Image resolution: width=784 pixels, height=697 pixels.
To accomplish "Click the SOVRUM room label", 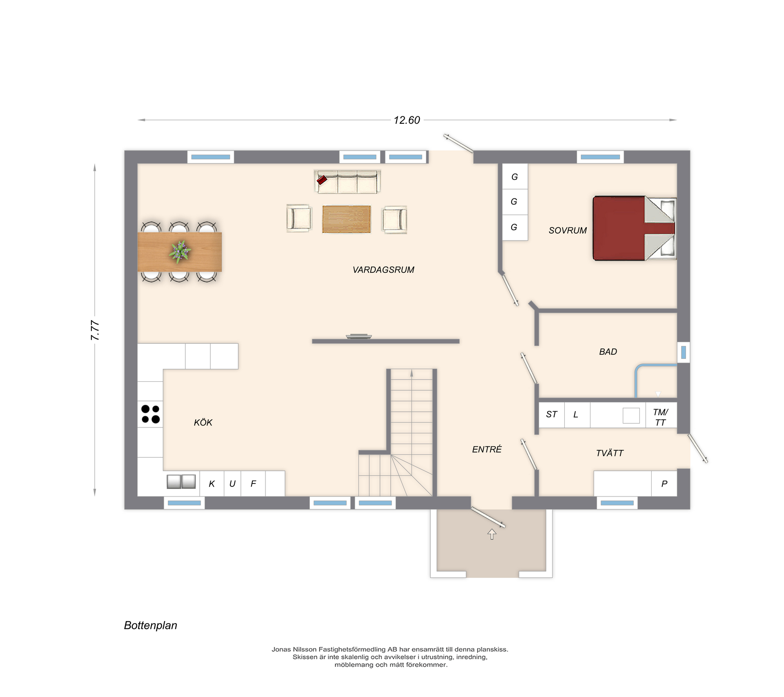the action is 568,230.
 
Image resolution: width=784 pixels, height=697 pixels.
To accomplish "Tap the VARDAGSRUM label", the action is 383,269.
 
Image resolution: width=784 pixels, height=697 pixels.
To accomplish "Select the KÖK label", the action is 203,422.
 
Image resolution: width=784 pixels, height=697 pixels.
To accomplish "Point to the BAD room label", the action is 608,352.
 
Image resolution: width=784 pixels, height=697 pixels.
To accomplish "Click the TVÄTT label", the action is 610,453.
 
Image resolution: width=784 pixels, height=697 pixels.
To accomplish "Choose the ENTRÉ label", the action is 487,449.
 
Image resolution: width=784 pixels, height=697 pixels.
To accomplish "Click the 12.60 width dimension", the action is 407,120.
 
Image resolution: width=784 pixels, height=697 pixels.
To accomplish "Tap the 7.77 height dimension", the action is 95,330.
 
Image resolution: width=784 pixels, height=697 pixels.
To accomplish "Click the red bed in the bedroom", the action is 635,228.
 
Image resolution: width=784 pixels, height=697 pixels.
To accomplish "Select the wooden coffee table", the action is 347,219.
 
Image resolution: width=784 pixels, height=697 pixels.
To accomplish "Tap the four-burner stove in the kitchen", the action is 150,414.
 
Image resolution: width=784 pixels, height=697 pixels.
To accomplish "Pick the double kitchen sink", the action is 181,481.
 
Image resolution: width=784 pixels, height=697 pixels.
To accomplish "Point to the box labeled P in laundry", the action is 664,483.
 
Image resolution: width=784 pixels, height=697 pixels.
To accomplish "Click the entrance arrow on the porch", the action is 492,534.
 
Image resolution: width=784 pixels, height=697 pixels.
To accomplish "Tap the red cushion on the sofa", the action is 322,180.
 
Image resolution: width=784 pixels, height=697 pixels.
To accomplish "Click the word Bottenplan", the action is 151,626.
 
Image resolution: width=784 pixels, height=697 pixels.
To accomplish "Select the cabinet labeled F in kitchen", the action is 253,483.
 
